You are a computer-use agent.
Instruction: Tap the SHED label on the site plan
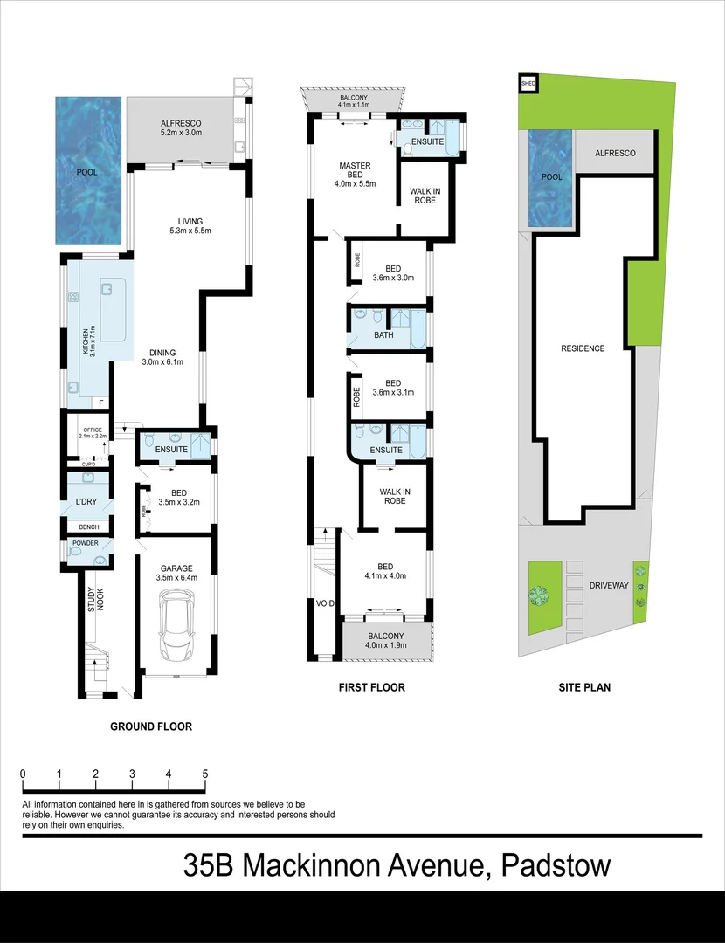pos(528,85)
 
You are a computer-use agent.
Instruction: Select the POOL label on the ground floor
pos(87,172)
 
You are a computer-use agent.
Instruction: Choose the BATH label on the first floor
pos(384,334)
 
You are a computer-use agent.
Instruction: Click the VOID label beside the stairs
pos(323,602)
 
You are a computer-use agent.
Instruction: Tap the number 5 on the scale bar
pos(204,774)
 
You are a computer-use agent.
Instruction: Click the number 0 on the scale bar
pos(22,774)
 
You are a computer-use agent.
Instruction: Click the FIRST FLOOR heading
pos(372,688)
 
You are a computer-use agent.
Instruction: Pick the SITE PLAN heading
pos(584,688)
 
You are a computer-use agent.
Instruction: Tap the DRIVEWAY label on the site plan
pos(608,585)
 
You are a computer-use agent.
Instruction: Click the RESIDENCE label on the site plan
pos(583,348)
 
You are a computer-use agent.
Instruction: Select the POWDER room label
pos(86,543)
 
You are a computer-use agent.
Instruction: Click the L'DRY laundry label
pos(86,501)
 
